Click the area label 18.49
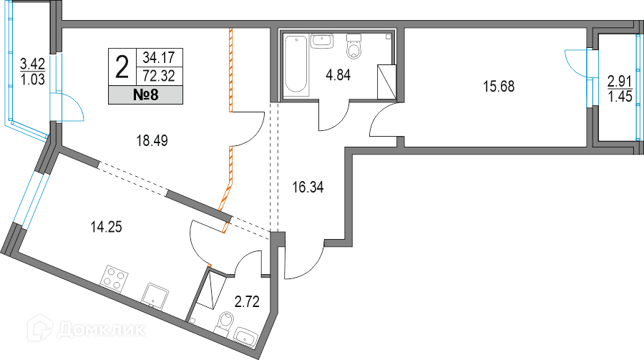(x=152, y=141)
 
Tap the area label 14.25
(x=105, y=228)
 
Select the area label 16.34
(x=308, y=188)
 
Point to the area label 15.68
(x=499, y=87)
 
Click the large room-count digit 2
(x=122, y=65)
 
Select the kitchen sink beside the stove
(x=156, y=294)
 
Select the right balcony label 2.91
(x=620, y=80)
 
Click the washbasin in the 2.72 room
(x=248, y=336)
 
